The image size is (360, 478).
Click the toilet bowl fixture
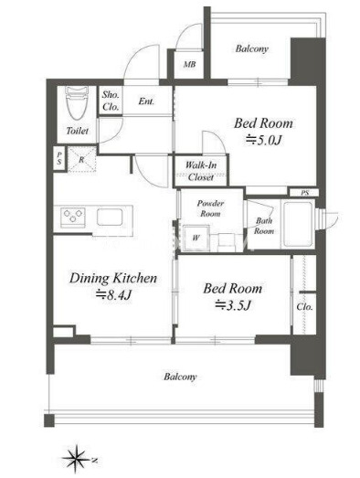(x=77, y=102)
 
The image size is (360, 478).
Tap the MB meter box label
(x=189, y=64)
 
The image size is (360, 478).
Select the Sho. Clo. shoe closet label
(x=111, y=101)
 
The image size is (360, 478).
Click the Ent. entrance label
(x=146, y=101)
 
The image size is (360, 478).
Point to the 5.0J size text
(x=264, y=141)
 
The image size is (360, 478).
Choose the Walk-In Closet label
(x=201, y=171)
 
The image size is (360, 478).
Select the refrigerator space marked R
(x=81, y=159)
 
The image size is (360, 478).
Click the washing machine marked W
(x=196, y=238)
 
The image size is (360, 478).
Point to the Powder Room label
(x=210, y=208)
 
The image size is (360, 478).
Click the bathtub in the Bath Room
(x=298, y=223)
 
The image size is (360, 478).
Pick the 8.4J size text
(x=113, y=295)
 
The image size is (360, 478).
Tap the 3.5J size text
(x=233, y=305)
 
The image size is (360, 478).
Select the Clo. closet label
(x=304, y=307)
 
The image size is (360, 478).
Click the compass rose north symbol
(x=76, y=459)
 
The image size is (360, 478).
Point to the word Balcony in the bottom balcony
(x=180, y=377)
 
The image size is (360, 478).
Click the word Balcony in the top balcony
(x=252, y=48)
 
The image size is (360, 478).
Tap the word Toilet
(x=78, y=131)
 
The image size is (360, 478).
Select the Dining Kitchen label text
(x=113, y=279)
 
